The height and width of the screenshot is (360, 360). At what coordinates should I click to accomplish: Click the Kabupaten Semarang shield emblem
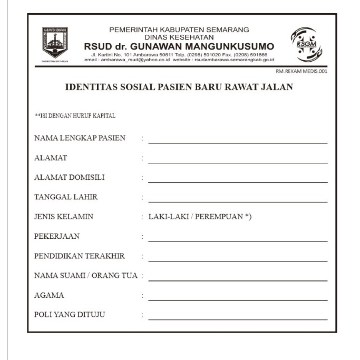click(x=55, y=42)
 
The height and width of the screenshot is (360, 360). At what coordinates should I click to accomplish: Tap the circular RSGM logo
click(x=306, y=44)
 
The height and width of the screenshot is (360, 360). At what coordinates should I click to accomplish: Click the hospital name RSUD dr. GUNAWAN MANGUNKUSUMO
click(x=179, y=46)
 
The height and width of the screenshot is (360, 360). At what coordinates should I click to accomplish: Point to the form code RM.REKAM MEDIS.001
click(x=301, y=72)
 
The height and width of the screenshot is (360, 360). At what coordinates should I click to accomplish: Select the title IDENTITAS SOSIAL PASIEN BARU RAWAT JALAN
click(x=179, y=87)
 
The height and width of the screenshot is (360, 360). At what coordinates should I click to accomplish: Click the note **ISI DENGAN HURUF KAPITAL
click(x=75, y=116)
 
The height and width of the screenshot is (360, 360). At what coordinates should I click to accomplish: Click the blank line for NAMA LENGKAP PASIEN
click(x=238, y=140)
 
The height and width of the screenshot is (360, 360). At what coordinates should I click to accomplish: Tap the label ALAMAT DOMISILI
click(x=69, y=177)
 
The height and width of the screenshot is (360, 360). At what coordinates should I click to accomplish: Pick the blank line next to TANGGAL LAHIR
click(x=238, y=199)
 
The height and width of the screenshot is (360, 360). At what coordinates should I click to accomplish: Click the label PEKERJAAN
click(x=57, y=236)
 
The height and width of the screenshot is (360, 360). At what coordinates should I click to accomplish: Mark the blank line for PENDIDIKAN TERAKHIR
click(x=238, y=258)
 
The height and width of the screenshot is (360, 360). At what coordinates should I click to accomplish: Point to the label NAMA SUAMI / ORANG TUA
click(x=86, y=276)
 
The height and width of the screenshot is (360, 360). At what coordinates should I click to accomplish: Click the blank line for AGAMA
click(x=238, y=298)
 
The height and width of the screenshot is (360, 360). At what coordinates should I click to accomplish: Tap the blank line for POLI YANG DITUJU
click(x=238, y=317)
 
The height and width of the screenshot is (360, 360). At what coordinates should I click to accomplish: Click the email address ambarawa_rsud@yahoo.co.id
click(x=136, y=60)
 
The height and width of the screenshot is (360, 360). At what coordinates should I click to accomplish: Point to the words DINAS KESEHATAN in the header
click(x=179, y=37)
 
